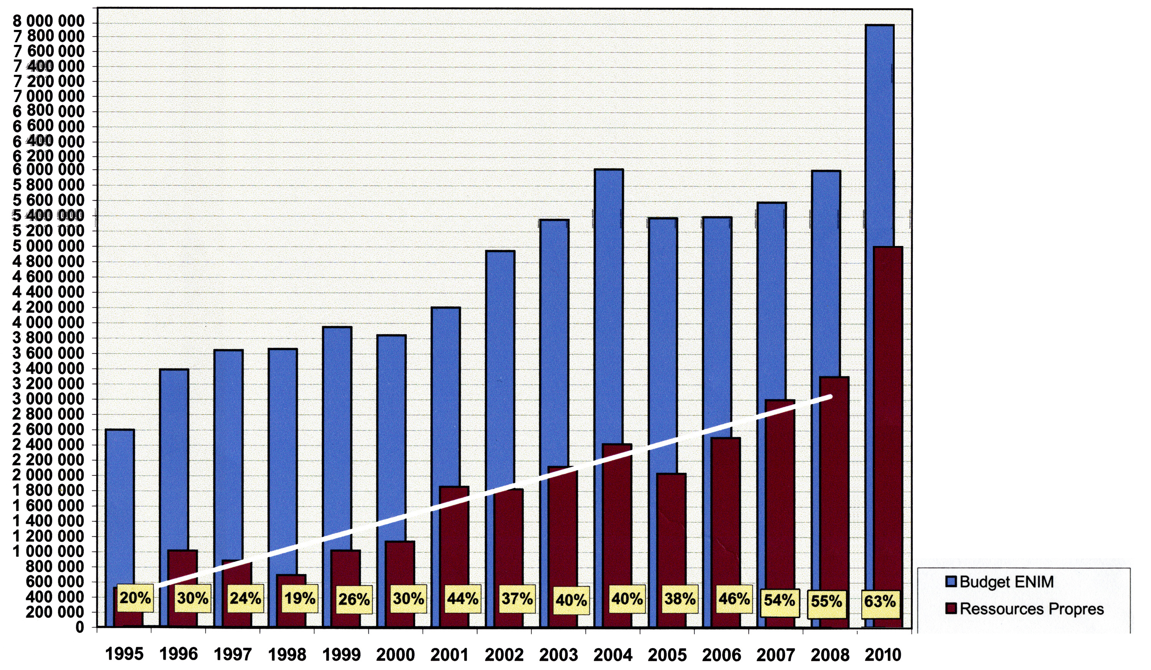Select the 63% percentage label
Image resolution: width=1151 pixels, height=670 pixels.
pyautogui.click(x=880, y=601)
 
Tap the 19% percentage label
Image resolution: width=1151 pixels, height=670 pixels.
pyautogui.click(x=300, y=598)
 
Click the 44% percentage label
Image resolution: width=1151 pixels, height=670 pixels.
pyautogui.click(x=462, y=598)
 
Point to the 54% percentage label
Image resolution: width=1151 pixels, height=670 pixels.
pyautogui.click(x=779, y=600)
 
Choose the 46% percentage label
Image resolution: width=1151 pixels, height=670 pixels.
pyautogui.click(x=734, y=598)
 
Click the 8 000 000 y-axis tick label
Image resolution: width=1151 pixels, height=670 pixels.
pyautogui.click(x=49, y=21)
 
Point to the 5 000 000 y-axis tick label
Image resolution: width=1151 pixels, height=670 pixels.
pyautogui.click(x=49, y=247)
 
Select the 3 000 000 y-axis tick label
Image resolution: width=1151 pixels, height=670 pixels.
pyautogui.click(x=49, y=399)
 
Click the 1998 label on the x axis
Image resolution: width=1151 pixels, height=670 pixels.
pyautogui.click(x=287, y=655)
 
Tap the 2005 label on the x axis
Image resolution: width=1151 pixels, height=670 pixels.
pyautogui.click(x=667, y=655)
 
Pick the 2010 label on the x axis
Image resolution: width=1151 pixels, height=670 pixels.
pyautogui.click(x=883, y=655)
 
